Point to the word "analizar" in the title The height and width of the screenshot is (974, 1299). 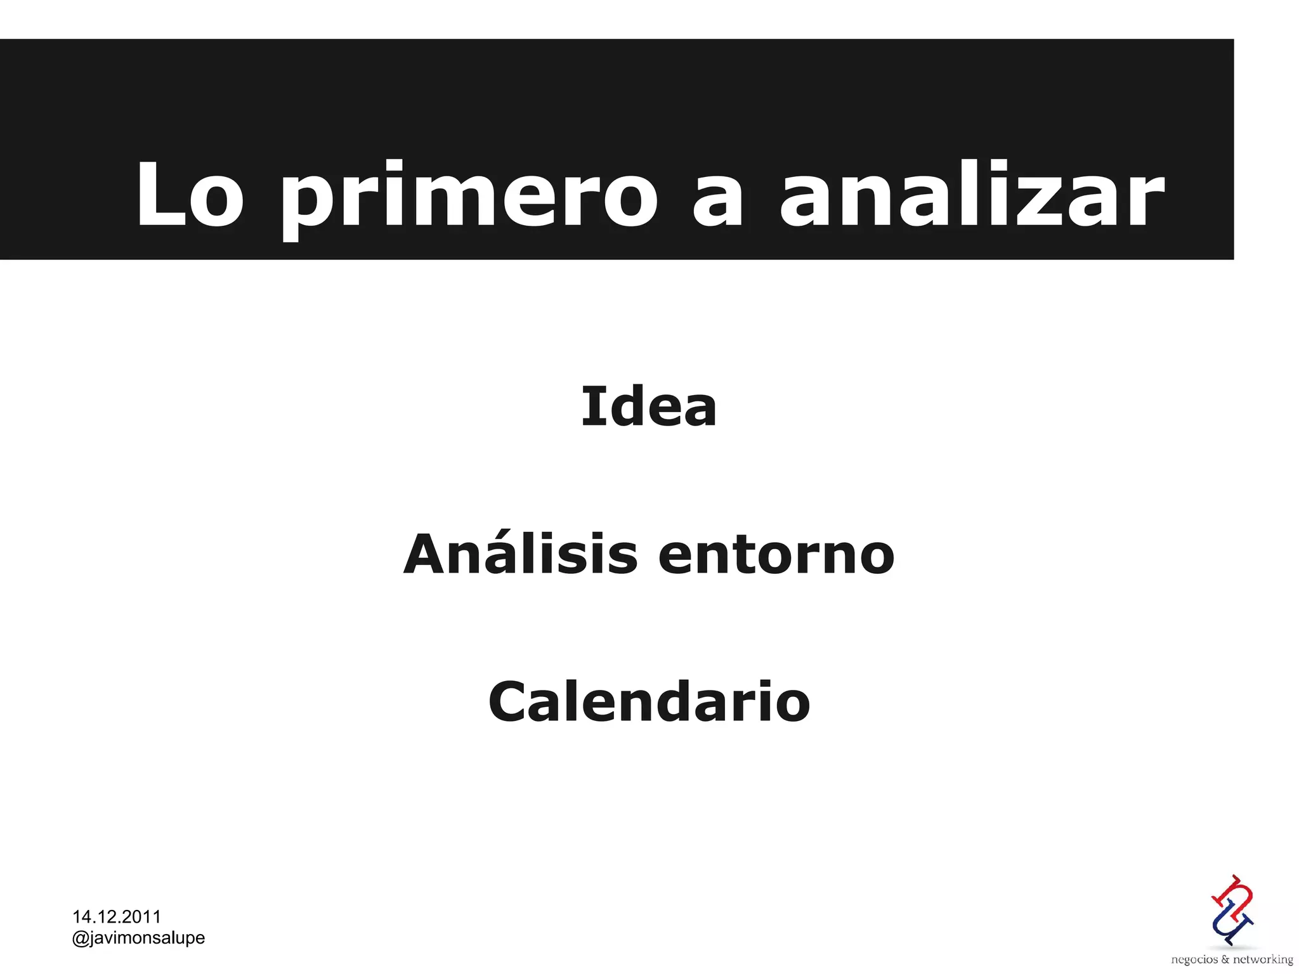pos(972,195)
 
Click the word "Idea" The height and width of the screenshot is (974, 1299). pos(649,407)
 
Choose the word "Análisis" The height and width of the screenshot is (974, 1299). pos(520,554)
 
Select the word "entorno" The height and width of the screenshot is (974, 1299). pos(776,555)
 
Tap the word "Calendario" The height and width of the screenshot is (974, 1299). pos(649,702)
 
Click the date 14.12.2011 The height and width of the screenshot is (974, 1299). pos(117,917)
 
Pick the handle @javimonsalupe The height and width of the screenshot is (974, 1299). pos(139,938)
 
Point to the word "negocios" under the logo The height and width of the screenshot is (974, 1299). pos(1194,959)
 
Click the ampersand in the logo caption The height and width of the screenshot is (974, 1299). pos(1225,959)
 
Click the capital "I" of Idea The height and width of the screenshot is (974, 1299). pos(591,406)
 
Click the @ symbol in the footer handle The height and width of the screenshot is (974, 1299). pos(81,938)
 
